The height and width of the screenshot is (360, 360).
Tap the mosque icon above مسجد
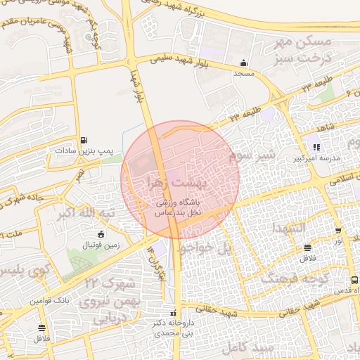(243, 62)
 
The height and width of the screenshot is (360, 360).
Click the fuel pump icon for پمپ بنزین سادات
(84, 140)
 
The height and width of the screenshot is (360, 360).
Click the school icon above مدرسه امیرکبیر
(316, 148)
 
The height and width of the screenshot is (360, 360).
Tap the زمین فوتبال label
(103, 245)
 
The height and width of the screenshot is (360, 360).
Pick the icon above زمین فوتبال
(101, 235)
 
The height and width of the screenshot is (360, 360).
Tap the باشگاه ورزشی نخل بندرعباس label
(179, 207)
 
